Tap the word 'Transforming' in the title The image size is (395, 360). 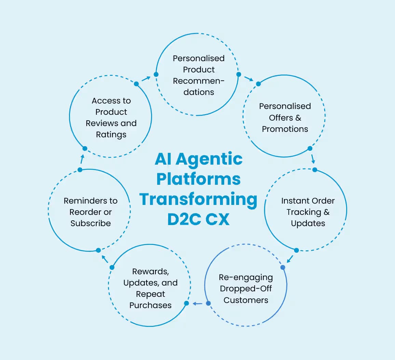[x=198, y=199]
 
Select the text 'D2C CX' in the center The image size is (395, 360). [x=198, y=219]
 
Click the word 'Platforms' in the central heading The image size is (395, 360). [x=198, y=179]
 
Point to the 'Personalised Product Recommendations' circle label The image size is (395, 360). [x=199, y=75]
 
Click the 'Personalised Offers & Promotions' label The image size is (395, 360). [x=285, y=117]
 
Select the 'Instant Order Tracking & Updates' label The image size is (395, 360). [x=308, y=212]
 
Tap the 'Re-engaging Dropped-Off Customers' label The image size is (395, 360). [x=246, y=289]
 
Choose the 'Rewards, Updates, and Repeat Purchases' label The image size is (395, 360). [x=150, y=288]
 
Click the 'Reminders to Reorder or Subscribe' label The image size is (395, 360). [x=91, y=212]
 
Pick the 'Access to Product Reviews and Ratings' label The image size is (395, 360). [x=111, y=117]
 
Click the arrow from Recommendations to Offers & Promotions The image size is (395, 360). [x=248, y=79]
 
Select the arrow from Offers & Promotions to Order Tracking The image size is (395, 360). [x=313, y=159]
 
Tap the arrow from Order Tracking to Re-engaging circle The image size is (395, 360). [x=290, y=259]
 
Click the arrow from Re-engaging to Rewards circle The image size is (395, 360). [x=197, y=303]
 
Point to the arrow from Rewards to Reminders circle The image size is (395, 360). [x=105, y=259]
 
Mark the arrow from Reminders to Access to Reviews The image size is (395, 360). [x=82, y=159]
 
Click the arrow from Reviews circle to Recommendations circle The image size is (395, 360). [x=146, y=79]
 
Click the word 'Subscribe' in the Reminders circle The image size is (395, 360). [x=91, y=223]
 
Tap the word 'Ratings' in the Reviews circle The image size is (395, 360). [x=111, y=135]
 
